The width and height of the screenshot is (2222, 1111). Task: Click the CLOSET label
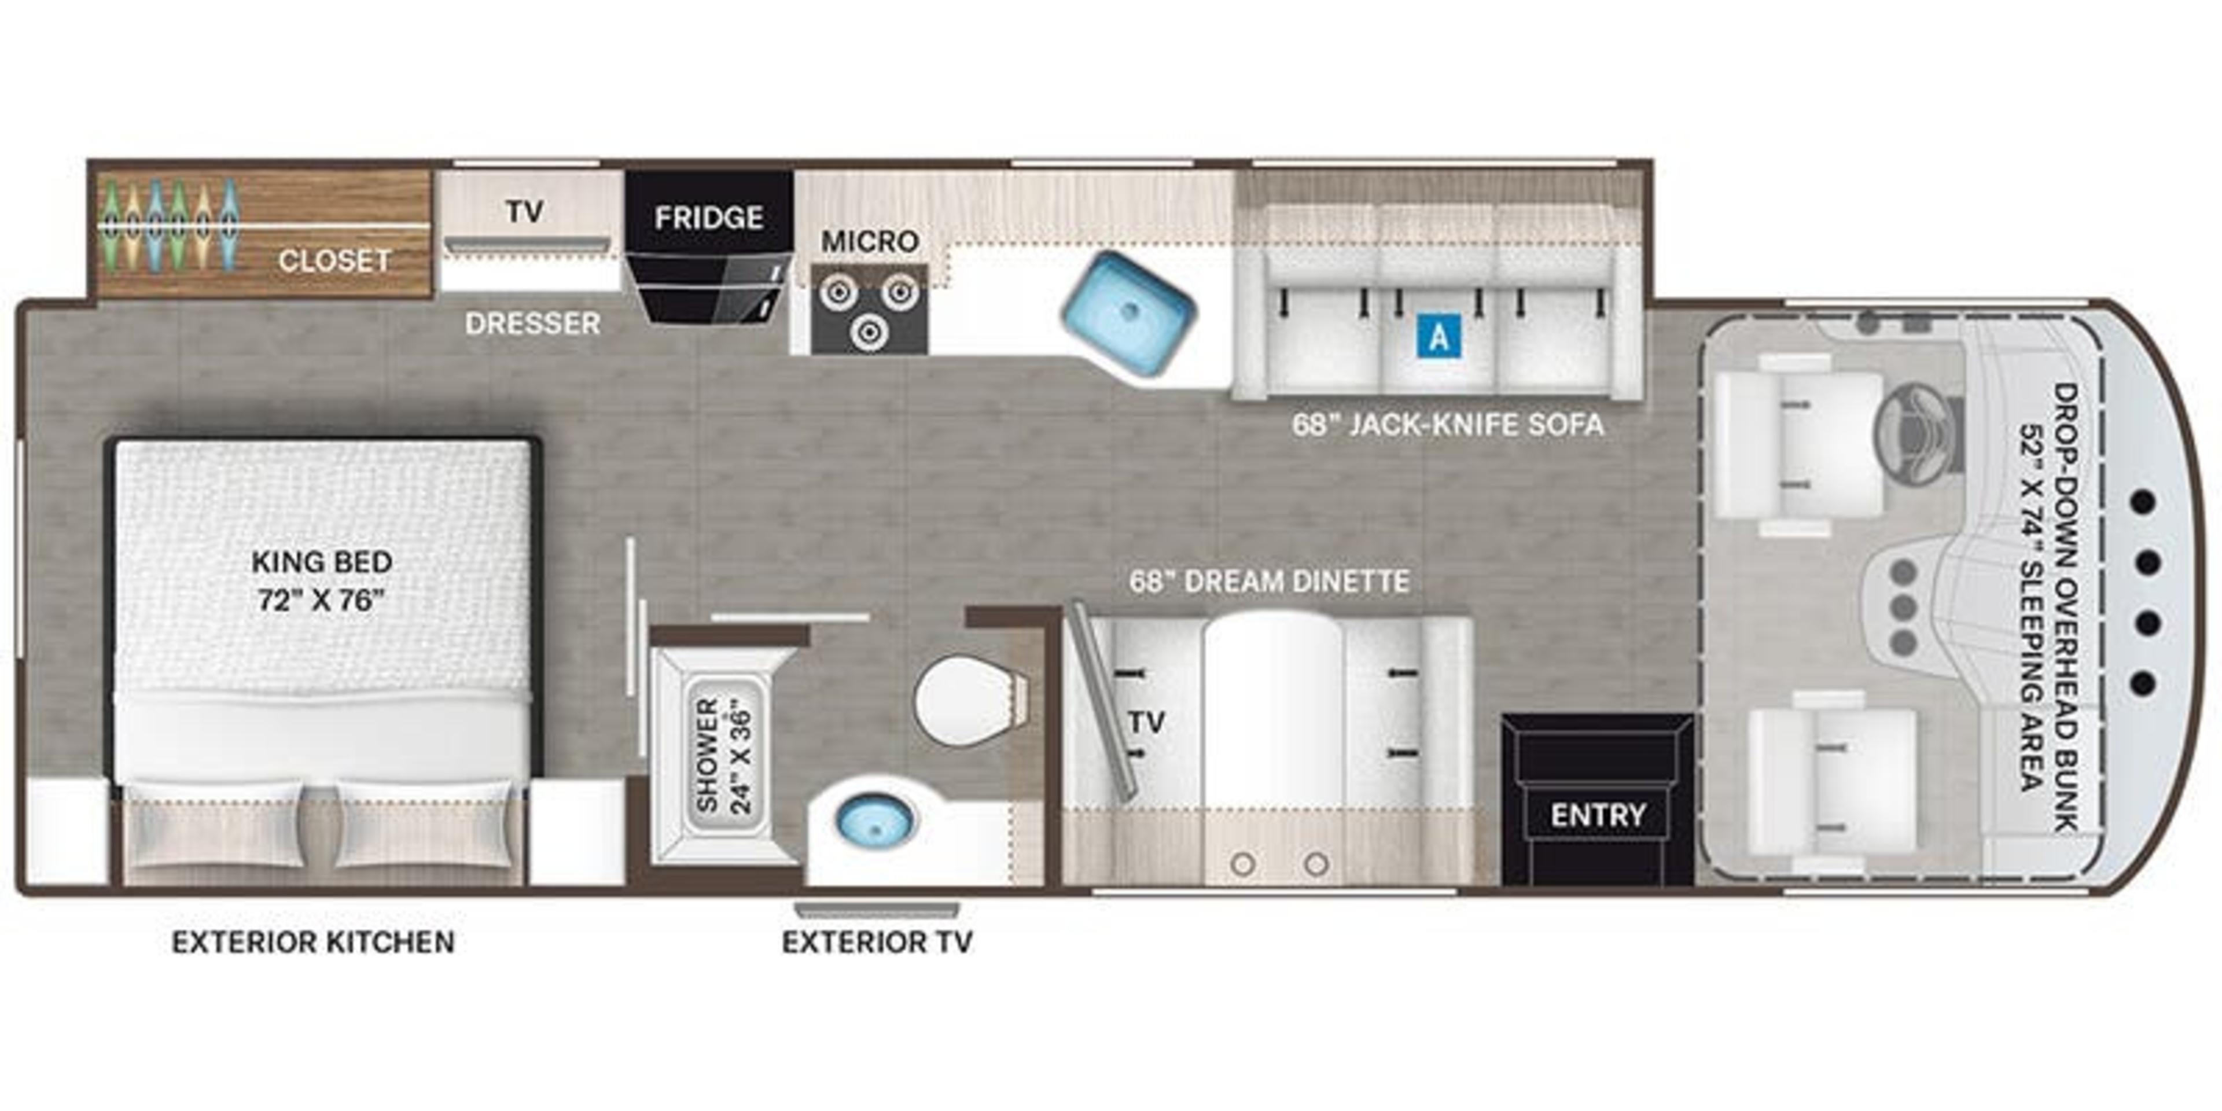pyautogui.click(x=334, y=260)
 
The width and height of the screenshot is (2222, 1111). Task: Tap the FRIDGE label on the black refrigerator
pyautogui.click(x=708, y=218)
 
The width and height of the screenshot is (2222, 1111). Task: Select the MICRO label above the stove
pyautogui.click(x=870, y=241)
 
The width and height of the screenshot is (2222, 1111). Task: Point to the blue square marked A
pyautogui.click(x=1439, y=336)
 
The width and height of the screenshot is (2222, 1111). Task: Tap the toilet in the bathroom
pyautogui.click(x=966, y=700)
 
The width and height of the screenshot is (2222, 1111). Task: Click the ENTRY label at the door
pyautogui.click(x=1598, y=814)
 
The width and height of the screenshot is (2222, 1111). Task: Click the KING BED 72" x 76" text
pyautogui.click(x=322, y=580)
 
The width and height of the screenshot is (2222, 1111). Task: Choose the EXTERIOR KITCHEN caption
pyautogui.click(x=313, y=942)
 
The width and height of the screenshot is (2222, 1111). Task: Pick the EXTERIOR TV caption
pyautogui.click(x=877, y=942)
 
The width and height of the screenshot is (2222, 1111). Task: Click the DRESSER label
pyautogui.click(x=532, y=323)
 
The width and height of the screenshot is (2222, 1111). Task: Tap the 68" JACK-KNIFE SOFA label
pyautogui.click(x=1447, y=424)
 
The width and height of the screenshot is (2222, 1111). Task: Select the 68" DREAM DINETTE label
pyautogui.click(x=1270, y=582)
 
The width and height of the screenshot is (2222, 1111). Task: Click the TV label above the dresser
pyautogui.click(x=524, y=211)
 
